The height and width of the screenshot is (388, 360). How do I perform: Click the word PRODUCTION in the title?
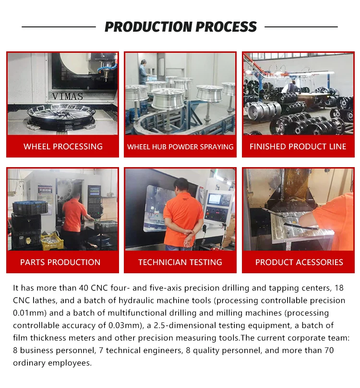[x=148, y=27]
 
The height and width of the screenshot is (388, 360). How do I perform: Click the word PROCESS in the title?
[x=227, y=27]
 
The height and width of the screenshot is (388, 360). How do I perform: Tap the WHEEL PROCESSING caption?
[x=63, y=146]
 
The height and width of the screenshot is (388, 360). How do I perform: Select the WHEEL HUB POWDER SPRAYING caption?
[x=180, y=147]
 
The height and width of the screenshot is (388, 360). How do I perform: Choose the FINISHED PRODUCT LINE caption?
[x=298, y=146]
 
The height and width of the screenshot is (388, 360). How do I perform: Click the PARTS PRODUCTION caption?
[x=60, y=262]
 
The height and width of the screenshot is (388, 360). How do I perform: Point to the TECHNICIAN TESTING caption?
[x=180, y=262]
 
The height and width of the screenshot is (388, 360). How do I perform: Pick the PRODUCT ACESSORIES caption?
[x=299, y=262]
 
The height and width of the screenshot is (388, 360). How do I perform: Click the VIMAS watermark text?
[x=68, y=96]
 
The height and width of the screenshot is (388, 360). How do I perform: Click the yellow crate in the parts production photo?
[x=52, y=241]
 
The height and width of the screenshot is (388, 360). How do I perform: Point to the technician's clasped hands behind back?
[x=187, y=233]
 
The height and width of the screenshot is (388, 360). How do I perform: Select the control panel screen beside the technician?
[x=214, y=199]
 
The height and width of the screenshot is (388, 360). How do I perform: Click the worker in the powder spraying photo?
[x=144, y=72]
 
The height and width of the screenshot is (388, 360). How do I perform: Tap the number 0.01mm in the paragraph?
[x=30, y=313]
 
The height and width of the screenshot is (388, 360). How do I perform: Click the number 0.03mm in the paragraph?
[x=125, y=325]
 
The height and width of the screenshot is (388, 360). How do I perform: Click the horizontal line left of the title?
[x=59, y=27]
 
